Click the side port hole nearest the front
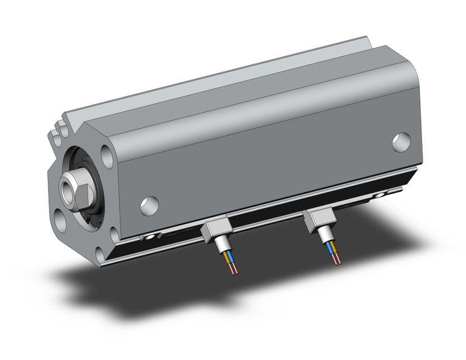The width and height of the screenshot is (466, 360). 149,205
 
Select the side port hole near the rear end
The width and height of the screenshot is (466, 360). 402,142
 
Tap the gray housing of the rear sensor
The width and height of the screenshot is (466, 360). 321,219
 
